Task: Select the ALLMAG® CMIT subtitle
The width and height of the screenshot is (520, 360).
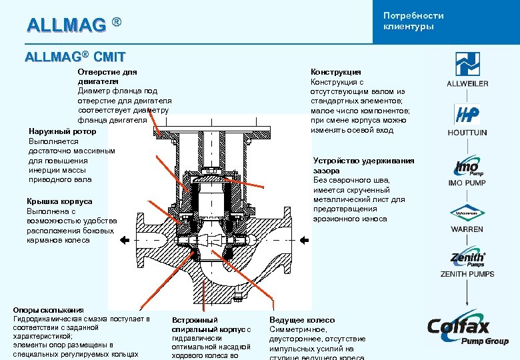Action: point(75,57)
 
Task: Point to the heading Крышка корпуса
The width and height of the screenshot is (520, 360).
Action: point(59,201)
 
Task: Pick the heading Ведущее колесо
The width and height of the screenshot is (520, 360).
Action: point(302,320)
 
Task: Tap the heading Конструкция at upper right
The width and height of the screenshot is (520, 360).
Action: point(336,72)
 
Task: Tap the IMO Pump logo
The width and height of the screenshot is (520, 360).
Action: point(467,166)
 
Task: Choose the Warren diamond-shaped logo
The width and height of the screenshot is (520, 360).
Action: point(467,214)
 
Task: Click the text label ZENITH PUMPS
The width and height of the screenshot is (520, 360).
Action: point(467,274)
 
